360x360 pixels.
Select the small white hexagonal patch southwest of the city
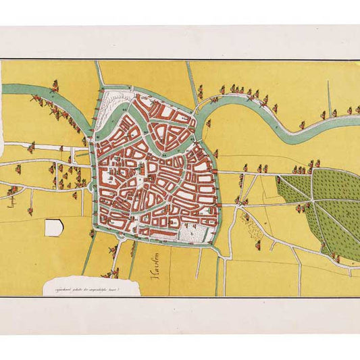[53, 228]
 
